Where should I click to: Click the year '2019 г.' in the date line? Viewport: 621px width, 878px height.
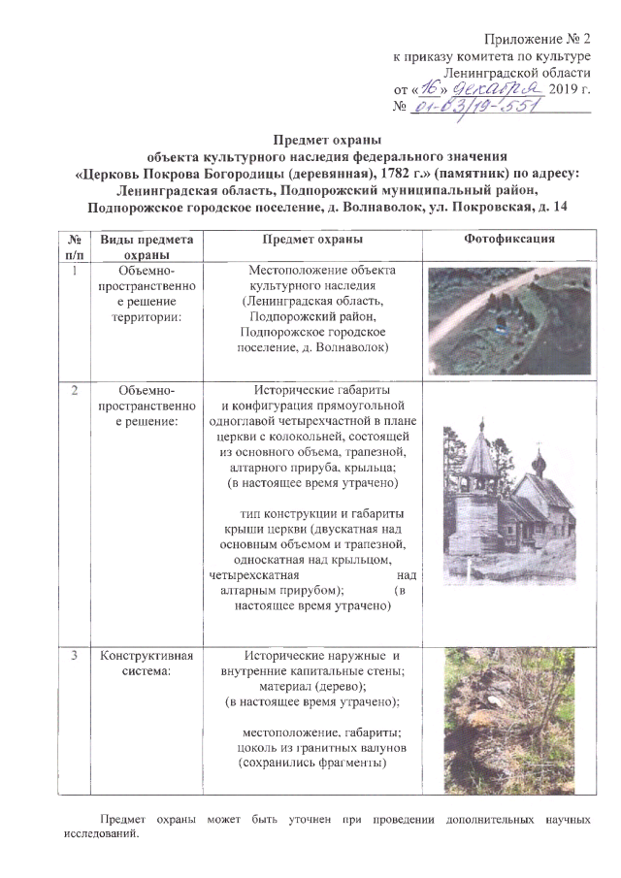570,90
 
